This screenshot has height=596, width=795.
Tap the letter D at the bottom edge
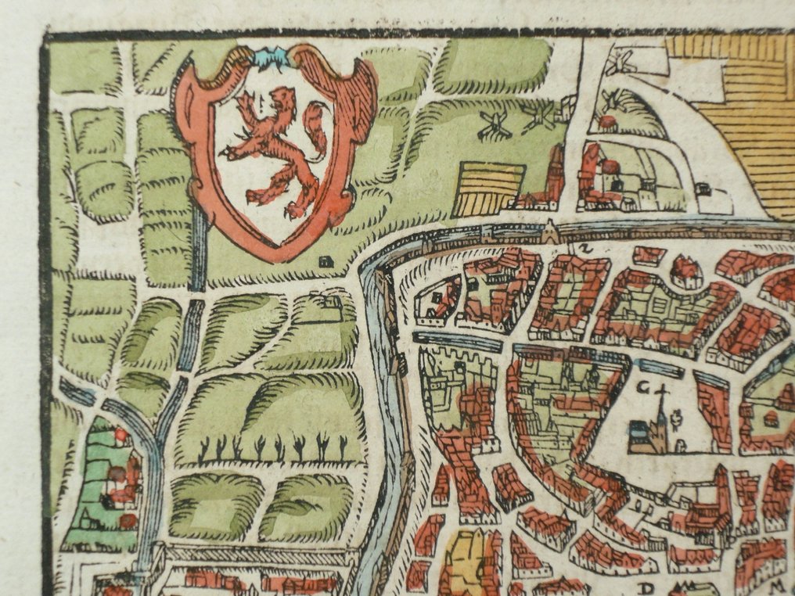point(646,587)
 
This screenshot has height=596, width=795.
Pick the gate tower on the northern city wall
point(552,231)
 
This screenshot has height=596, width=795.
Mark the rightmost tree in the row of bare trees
point(342,447)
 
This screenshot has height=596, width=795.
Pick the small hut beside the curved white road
point(702,188)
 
